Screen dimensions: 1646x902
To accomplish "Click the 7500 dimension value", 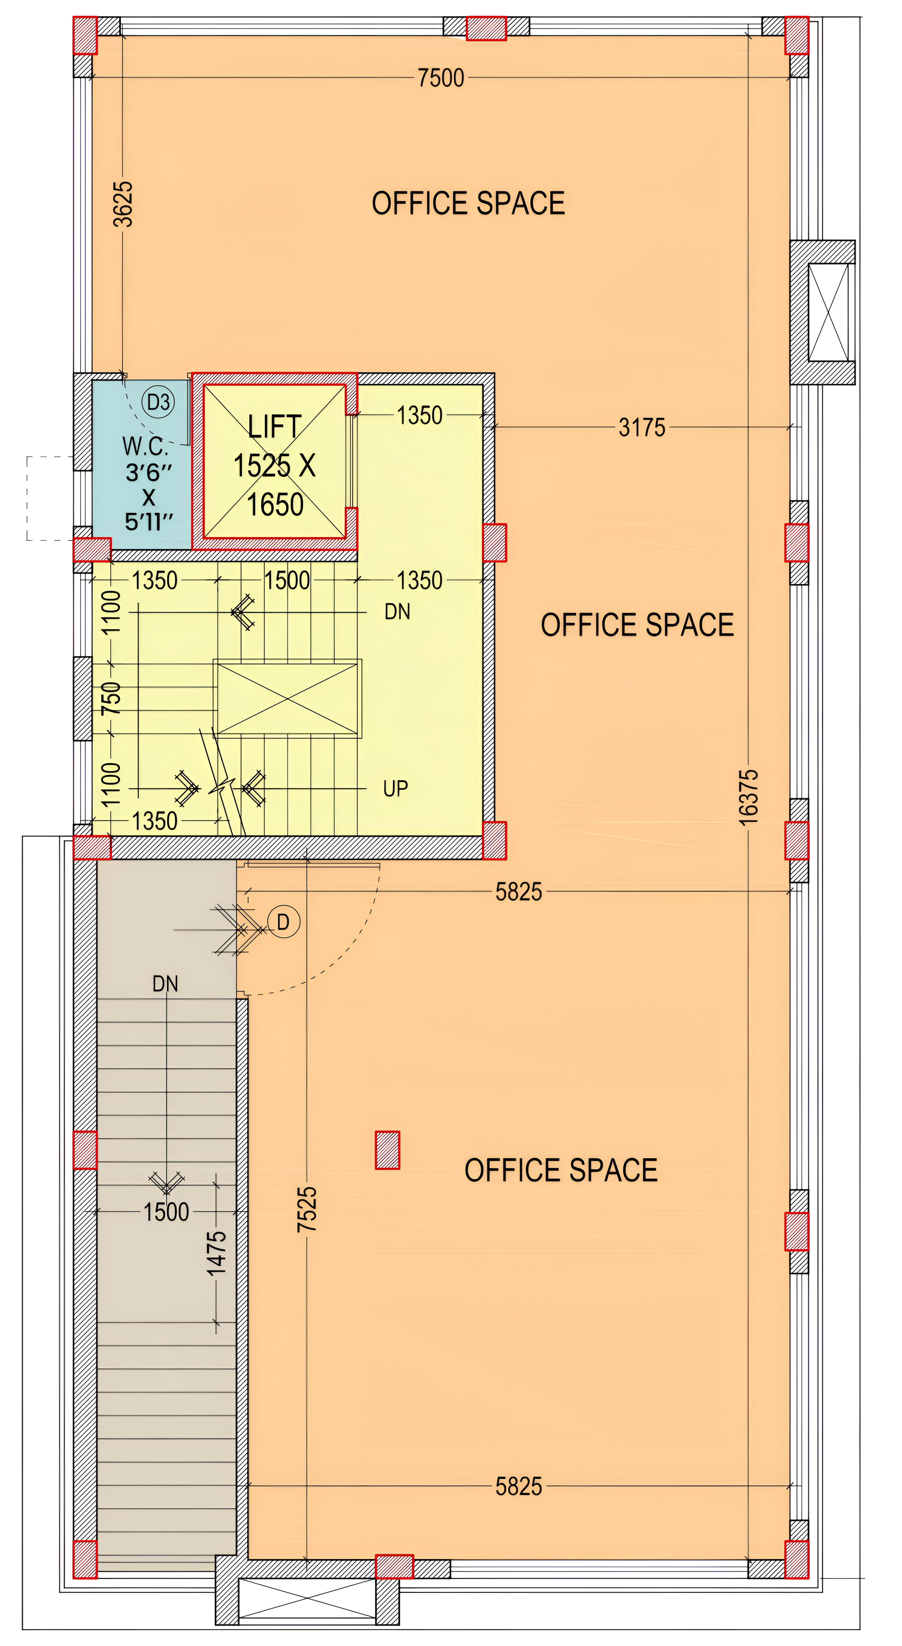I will [441, 78].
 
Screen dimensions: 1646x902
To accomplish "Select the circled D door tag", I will [283, 922].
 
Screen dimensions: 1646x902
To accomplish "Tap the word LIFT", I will [274, 427].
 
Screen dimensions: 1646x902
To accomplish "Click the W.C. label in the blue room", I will [145, 446].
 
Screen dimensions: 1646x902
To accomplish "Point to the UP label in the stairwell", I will [395, 788].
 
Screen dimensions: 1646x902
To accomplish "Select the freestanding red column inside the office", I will [387, 1150].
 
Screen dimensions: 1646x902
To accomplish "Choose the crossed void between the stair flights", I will [287, 698].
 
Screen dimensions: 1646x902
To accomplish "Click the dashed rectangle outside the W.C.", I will [50, 499].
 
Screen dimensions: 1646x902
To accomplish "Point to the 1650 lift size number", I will [275, 505].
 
